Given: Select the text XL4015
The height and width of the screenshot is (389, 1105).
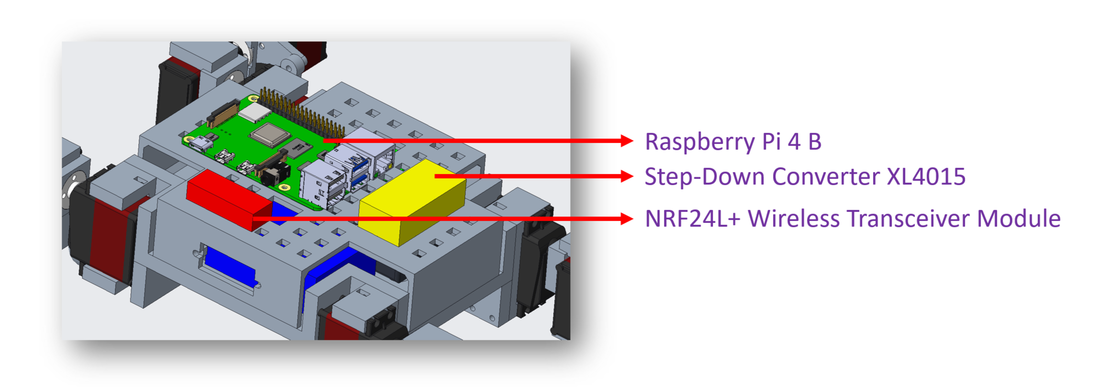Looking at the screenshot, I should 926,177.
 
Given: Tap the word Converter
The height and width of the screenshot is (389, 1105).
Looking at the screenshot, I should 826,177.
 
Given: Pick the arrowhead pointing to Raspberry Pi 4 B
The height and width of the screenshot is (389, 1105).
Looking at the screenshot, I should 627,141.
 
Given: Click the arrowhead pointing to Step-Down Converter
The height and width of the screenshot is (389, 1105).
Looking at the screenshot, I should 627,176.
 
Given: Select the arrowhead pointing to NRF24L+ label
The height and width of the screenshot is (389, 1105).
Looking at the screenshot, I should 627,219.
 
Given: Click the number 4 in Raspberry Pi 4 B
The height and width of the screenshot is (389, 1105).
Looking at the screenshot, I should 794,142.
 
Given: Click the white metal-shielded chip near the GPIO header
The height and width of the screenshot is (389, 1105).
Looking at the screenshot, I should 255,112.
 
